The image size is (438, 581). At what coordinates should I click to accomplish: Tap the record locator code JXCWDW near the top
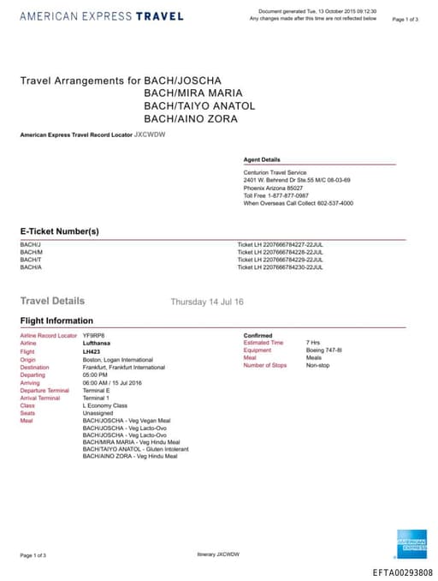[150, 135]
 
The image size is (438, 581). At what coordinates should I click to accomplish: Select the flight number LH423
[92, 351]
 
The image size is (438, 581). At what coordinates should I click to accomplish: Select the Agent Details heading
[262, 159]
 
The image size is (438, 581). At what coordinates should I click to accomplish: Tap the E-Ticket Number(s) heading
[60, 231]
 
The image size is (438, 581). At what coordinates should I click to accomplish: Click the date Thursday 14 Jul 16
[207, 302]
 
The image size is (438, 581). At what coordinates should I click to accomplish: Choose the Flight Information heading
[56, 321]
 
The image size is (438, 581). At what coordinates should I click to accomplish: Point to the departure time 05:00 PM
[95, 375]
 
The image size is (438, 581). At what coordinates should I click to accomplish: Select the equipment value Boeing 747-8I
[324, 350]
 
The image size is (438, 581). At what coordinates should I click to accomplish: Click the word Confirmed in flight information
[258, 335]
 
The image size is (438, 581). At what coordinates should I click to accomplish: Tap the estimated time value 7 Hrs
[313, 342]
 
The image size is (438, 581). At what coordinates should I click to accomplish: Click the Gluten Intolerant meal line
[135, 448]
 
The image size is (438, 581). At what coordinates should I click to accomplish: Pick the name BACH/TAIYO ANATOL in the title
[199, 105]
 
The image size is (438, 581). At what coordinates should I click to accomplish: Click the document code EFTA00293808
[402, 572]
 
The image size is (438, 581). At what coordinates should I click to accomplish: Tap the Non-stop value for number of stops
[317, 365]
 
